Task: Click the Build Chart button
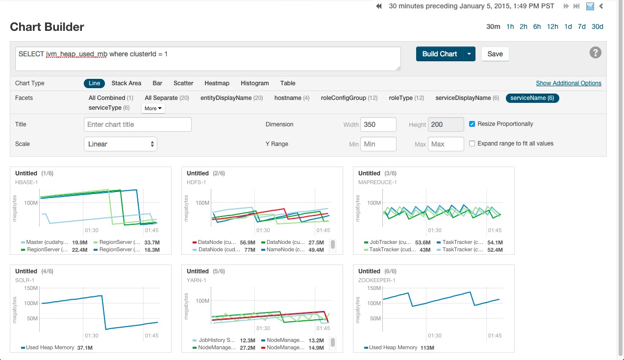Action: [439, 54]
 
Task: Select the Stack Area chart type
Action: [126, 83]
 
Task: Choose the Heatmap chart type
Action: [217, 83]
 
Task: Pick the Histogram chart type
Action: [255, 83]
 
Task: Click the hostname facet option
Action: [288, 98]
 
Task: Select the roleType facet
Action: [400, 98]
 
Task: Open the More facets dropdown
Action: [153, 108]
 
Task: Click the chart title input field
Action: [137, 124]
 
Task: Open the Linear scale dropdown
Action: [121, 144]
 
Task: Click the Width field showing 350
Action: [378, 124]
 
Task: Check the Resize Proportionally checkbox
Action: [472, 124]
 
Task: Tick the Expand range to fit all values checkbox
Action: [472, 144]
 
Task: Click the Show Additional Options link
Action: [569, 83]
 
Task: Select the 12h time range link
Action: [552, 26]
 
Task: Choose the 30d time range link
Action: [597, 26]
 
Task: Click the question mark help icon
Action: [595, 53]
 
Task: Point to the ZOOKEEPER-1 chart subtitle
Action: [376, 280]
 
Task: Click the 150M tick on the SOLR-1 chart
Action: [31, 288]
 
